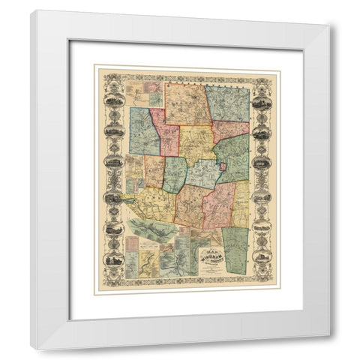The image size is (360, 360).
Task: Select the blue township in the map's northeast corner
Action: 228,103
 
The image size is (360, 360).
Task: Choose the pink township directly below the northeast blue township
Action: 229,131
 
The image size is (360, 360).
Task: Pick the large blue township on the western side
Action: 142,130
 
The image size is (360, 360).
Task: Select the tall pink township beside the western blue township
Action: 166,133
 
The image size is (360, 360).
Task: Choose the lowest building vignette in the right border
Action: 262,257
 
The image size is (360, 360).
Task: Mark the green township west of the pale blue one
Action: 175,174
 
